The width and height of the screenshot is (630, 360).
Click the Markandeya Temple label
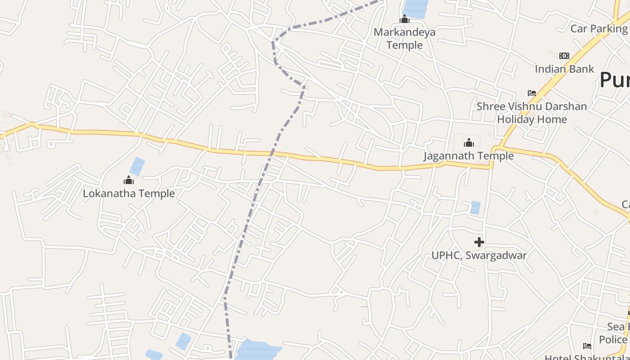[405, 39]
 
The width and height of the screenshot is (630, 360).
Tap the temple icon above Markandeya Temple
[405, 19]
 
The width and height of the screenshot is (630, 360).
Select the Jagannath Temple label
[468, 156]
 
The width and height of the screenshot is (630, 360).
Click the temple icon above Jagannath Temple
[469, 143]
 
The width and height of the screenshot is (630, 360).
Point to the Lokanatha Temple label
[129, 193]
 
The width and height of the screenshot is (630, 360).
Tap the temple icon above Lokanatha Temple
[129, 180]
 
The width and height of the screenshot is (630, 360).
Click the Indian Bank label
[564, 69]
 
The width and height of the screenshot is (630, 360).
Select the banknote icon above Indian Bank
[564, 56]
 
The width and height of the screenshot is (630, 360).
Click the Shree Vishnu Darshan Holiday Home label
[532, 113]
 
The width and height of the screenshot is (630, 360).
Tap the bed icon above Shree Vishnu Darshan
[532, 93]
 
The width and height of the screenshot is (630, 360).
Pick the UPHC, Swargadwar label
[479, 256]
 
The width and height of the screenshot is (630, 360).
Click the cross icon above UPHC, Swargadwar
[479, 242]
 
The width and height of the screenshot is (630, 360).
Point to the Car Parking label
[598, 29]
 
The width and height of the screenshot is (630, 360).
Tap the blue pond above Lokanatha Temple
[137, 166]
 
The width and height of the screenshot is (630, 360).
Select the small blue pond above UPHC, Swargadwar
[475, 207]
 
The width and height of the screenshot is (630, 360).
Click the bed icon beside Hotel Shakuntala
[587, 346]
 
